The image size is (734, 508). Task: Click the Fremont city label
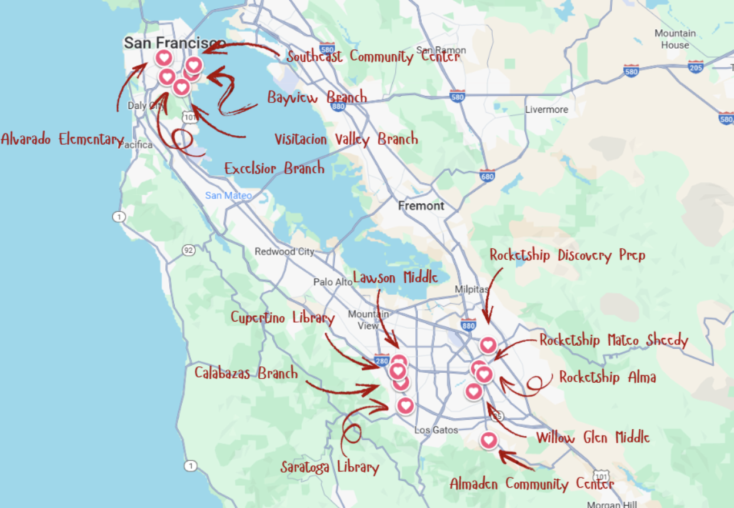coord(421,206)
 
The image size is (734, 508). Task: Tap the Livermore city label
coord(546,109)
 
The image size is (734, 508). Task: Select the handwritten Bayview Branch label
coord(317,97)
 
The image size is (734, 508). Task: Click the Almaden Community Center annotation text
coord(532,484)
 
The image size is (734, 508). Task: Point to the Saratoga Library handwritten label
coord(329,467)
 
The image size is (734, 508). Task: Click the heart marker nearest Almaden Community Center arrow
coord(488,439)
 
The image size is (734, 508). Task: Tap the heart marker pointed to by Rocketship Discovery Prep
coord(488,345)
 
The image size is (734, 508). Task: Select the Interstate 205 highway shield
coord(696,67)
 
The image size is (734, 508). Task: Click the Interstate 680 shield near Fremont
coord(487,175)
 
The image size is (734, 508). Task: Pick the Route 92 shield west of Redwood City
coord(188,250)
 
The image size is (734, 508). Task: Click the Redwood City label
coord(284,252)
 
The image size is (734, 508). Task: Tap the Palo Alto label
coord(332,282)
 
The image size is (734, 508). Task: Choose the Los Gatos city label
coord(436,430)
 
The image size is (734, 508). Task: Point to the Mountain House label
coord(675,39)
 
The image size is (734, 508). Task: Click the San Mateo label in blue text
coord(228,195)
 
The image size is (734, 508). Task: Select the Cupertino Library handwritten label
coord(282,318)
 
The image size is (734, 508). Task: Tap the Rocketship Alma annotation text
coord(607,377)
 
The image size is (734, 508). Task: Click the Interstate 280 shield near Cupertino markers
coord(382,360)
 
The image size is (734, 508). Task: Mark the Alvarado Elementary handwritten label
coord(62,139)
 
